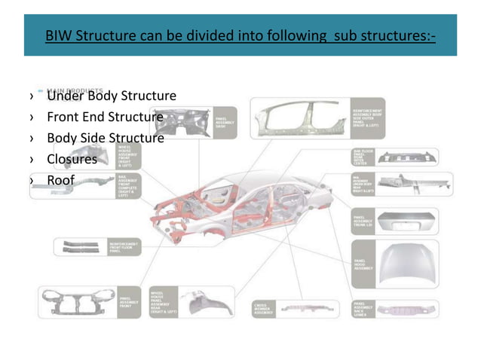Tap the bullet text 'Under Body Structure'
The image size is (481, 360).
point(112,96)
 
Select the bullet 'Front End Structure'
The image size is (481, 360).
point(105,117)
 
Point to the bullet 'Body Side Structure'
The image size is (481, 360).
point(105,139)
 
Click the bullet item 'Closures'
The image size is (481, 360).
point(72,160)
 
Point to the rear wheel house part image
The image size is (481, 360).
point(199,305)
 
